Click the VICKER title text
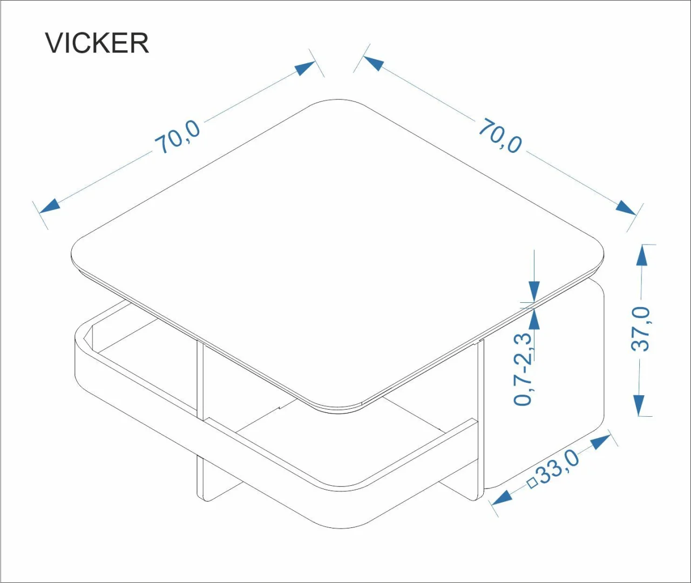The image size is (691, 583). [x=97, y=43]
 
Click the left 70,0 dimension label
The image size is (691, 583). [x=178, y=138]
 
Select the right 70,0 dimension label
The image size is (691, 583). [x=500, y=135]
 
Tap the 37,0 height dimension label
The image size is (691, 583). [x=641, y=329]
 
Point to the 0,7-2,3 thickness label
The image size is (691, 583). [x=524, y=369]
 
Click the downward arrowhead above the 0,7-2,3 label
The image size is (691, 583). [x=534, y=291]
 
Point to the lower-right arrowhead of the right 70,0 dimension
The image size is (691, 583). [x=626, y=208]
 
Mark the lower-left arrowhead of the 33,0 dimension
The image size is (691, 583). [x=502, y=497]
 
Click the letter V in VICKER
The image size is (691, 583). [x=55, y=43]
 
